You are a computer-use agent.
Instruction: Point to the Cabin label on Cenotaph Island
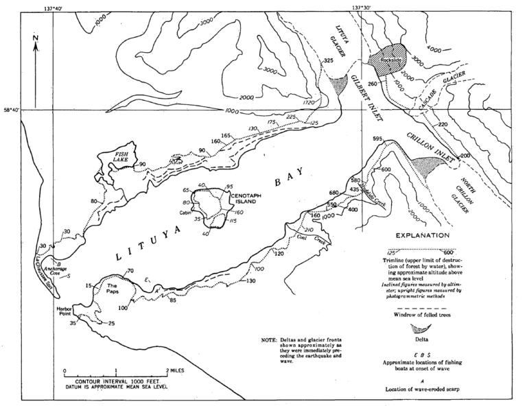[184, 213]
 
